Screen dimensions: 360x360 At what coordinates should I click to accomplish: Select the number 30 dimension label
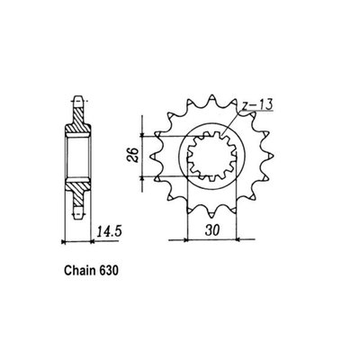(210, 231)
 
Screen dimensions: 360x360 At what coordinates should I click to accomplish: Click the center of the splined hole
(210, 159)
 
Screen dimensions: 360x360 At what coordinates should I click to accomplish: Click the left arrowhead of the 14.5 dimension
(63, 241)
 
